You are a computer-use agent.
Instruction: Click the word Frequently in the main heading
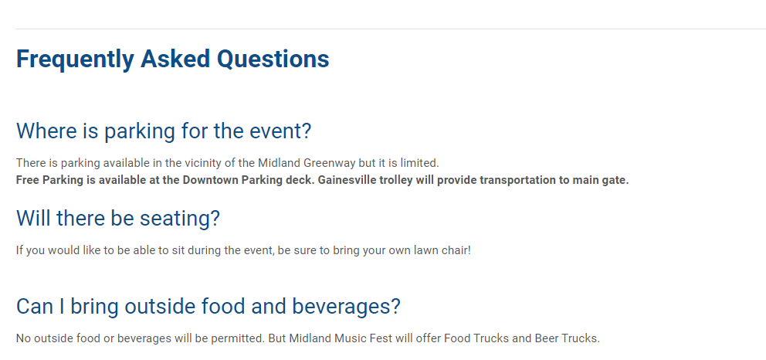click(x=75, y=59)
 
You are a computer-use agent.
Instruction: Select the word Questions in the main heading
click(x=273, y=59)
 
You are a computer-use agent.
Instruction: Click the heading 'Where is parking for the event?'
click(x=164, y=131)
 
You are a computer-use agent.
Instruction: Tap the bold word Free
click(x=28, y=180)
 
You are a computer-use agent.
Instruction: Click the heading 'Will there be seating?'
click(x=118, y=219)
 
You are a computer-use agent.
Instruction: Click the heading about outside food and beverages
click(x=208, y=307)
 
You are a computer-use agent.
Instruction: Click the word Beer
click(x=545, y=338)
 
